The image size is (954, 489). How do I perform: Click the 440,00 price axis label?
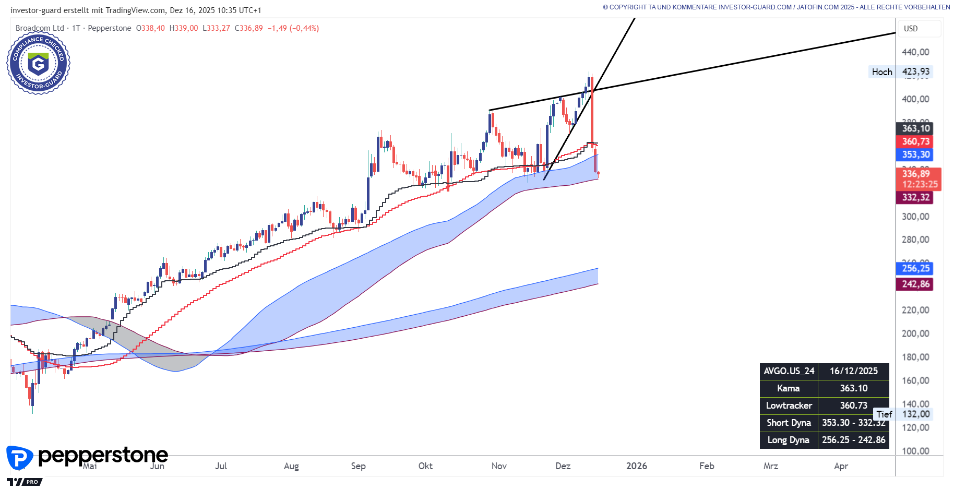pyautogui.click(x=915, y=52)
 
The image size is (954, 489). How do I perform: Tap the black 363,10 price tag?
pyautogui.click(x=916, y=128)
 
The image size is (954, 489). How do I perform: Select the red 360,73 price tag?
pyautogui.click(x=916, y=141)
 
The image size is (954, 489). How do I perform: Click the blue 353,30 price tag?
pyautogui.click(x=916, y=154)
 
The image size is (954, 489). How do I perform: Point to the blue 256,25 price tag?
pyautogui.click(x=916, y=268)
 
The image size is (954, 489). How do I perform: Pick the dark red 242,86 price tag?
pyautogui.click(x=916, y=284)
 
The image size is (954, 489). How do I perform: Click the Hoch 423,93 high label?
pyautogui.click(x=900, y=72)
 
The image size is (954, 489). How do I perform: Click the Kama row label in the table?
pyautogui.click(x=788, y=388)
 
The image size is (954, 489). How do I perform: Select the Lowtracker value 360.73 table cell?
pyautogui.click(x=853, y=405)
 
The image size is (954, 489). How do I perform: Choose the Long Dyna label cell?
pyautogui.click(x=788, y=440)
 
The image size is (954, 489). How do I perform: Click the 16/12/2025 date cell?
pyautogui.click(x=853, y=371)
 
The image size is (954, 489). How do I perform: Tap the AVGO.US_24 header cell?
pyautogui.click(x=789, y=371)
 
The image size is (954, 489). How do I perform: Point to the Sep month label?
pyautogui.click(x=358, y=466)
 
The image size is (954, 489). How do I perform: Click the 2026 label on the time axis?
pyautogui.click(x=636, y=466)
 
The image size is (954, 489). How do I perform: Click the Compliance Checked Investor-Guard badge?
pyautogui.click(x=38, y=63)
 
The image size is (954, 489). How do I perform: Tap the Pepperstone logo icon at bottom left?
pyautogui.click(x=19, y=458)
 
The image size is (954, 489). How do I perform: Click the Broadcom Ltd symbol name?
pyautogui.click(x=40, y=28)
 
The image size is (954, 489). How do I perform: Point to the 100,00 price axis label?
pyautogui.click(x=915, y=451)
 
